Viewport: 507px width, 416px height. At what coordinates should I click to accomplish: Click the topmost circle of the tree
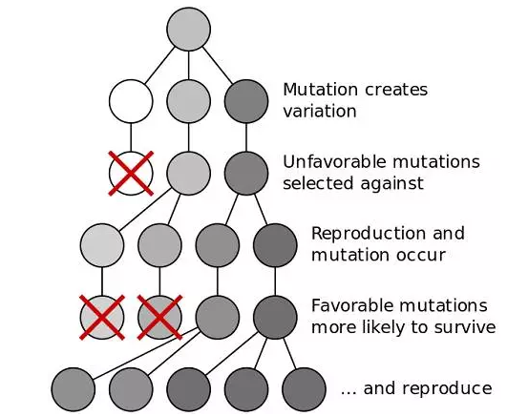pyautogui.click(x=188, y=29)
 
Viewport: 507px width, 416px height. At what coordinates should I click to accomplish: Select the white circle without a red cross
pyautogui.click(x=131, y=101)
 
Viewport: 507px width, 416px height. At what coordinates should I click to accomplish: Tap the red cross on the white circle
pyautogui.click(x=131, y=174)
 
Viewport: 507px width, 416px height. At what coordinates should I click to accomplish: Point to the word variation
pyautogui.click(x=320, y=112)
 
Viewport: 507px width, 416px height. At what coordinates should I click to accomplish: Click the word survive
pyautogui.click(x=465, y=327)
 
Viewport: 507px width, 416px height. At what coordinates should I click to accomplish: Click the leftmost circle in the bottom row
pyautogui.click(x=74, y=389)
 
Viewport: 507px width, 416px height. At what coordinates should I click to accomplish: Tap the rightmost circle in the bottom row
pyautogui.click(x=304, y=389)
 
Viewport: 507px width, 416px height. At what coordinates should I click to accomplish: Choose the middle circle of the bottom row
pyautogui.click(x=188, y=389)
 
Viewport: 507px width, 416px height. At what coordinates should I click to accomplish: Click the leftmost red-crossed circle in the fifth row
pyautogui.click(x=102, y=317)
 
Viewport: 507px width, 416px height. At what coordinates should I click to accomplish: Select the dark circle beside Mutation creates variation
pyautogui.click(x=246, y=101)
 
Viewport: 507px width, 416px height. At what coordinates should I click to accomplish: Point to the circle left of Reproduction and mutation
pyautogui.click(x=275, y=245)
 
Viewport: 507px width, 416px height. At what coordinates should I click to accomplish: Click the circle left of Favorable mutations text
pyautogui.click(x=275, y=317)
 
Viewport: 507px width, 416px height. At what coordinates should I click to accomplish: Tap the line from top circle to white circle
pyautogui.click(x=159, y=65)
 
